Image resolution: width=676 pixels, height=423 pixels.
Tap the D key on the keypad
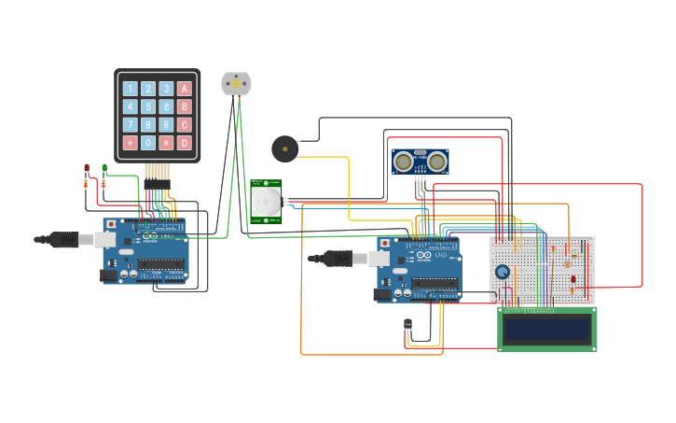(185, 143)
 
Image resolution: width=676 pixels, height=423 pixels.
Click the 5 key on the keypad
(148, 106)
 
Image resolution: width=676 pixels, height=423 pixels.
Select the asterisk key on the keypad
(131, 143)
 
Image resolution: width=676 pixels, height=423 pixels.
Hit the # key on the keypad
(166, 143)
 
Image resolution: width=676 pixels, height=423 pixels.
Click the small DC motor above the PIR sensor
(236, 83)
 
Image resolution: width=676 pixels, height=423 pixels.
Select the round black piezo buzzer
(284, 148)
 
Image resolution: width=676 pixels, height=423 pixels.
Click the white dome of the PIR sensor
(266, 200)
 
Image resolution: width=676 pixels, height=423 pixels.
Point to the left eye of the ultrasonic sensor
(404, 162)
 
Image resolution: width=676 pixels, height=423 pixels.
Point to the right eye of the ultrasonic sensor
(436, 162)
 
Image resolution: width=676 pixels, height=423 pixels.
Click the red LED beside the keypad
(87, 169)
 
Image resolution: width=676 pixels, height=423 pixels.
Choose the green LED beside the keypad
(104, 169)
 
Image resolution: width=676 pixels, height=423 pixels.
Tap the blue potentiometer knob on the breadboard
(503, 272)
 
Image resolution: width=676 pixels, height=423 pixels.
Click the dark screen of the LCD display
(546, 329)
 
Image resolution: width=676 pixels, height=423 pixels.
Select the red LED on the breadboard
(573, 279)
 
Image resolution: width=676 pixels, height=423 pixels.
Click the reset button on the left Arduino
(111, 225)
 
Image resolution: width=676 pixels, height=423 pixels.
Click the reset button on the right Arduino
(385, 242)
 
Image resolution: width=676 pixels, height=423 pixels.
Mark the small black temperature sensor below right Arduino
(407, 325)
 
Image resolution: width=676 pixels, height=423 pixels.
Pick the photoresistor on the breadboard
(567, 263)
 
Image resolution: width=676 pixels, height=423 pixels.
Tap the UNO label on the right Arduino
(440, 255)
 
